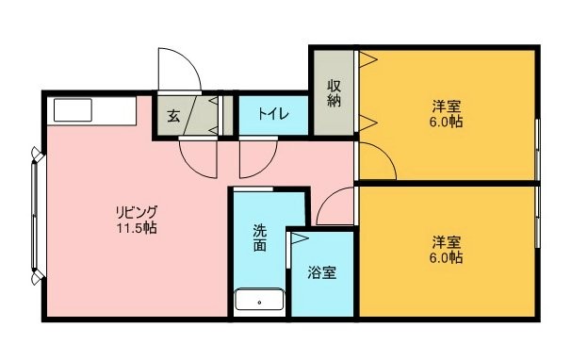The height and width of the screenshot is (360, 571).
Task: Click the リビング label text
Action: point(137,212)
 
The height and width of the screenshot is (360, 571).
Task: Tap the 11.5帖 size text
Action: point(137,228)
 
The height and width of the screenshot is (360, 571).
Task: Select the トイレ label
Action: point(273,114)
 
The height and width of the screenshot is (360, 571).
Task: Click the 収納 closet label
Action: point(334,93)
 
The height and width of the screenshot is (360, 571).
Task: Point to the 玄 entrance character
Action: point(173,116)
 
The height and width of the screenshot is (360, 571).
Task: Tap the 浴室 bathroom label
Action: point(322,272)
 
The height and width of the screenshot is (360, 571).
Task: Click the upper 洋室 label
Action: point(447,106)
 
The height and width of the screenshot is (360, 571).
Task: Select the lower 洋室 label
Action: point(447,242)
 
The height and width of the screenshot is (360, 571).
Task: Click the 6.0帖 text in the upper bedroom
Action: point(447,122)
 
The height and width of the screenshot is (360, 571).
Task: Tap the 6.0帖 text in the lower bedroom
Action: point(447,257)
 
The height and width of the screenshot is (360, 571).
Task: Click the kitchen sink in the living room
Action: point(73,109)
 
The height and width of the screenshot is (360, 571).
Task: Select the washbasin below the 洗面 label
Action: point(259,300)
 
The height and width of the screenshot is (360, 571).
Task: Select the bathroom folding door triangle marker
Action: point(300,238)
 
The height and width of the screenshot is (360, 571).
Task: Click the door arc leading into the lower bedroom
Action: point(327,199)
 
